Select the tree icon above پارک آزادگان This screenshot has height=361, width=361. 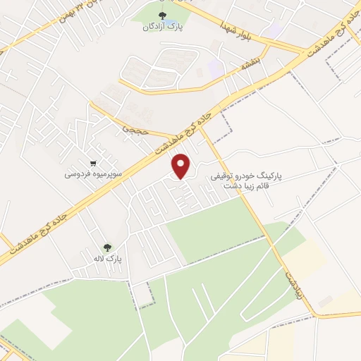(x=164, y=16)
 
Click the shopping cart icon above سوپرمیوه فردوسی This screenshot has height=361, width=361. (x=94, y=161)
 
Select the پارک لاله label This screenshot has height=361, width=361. (x=110, y=259)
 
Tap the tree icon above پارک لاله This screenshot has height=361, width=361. (x=107, y=247)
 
